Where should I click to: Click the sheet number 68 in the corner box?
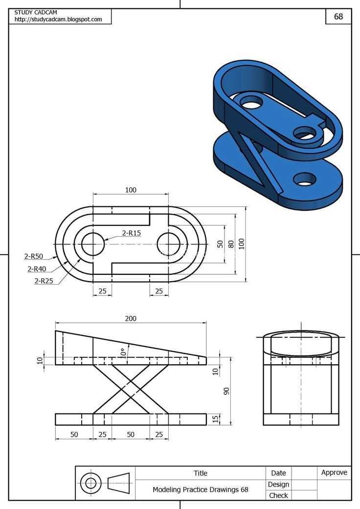click(338, 16)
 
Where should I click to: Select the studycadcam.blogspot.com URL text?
click(58, 19)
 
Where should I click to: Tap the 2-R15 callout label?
click(132, 233)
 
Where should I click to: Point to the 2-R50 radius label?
click(33, 256)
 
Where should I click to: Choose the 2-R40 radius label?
click(37, 269)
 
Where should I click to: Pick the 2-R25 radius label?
click(44, 281)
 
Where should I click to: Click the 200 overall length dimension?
click(131, 318)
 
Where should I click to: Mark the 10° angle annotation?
click(123, 353)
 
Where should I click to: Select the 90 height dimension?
click(226, 391)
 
